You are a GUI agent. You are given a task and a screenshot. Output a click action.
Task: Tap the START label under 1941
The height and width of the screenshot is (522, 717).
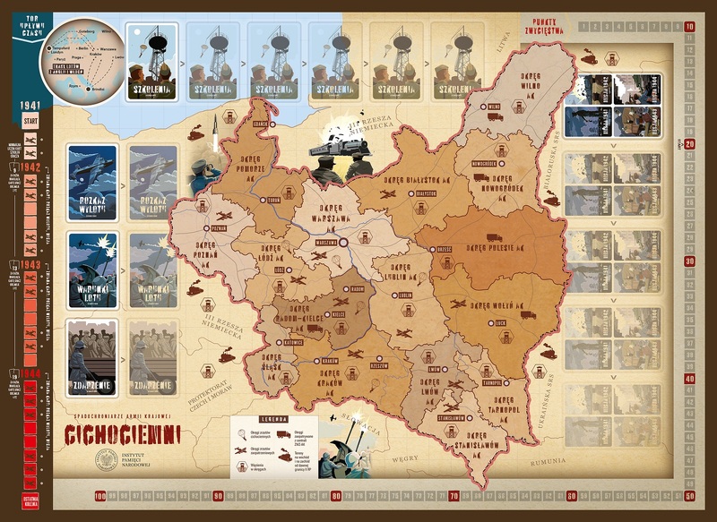[x=30, y=121]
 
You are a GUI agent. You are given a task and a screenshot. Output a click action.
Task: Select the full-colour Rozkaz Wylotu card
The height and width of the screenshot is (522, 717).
[x=92, y=183]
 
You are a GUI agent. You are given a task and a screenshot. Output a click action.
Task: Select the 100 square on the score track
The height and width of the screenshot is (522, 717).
[x=99, y=495]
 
